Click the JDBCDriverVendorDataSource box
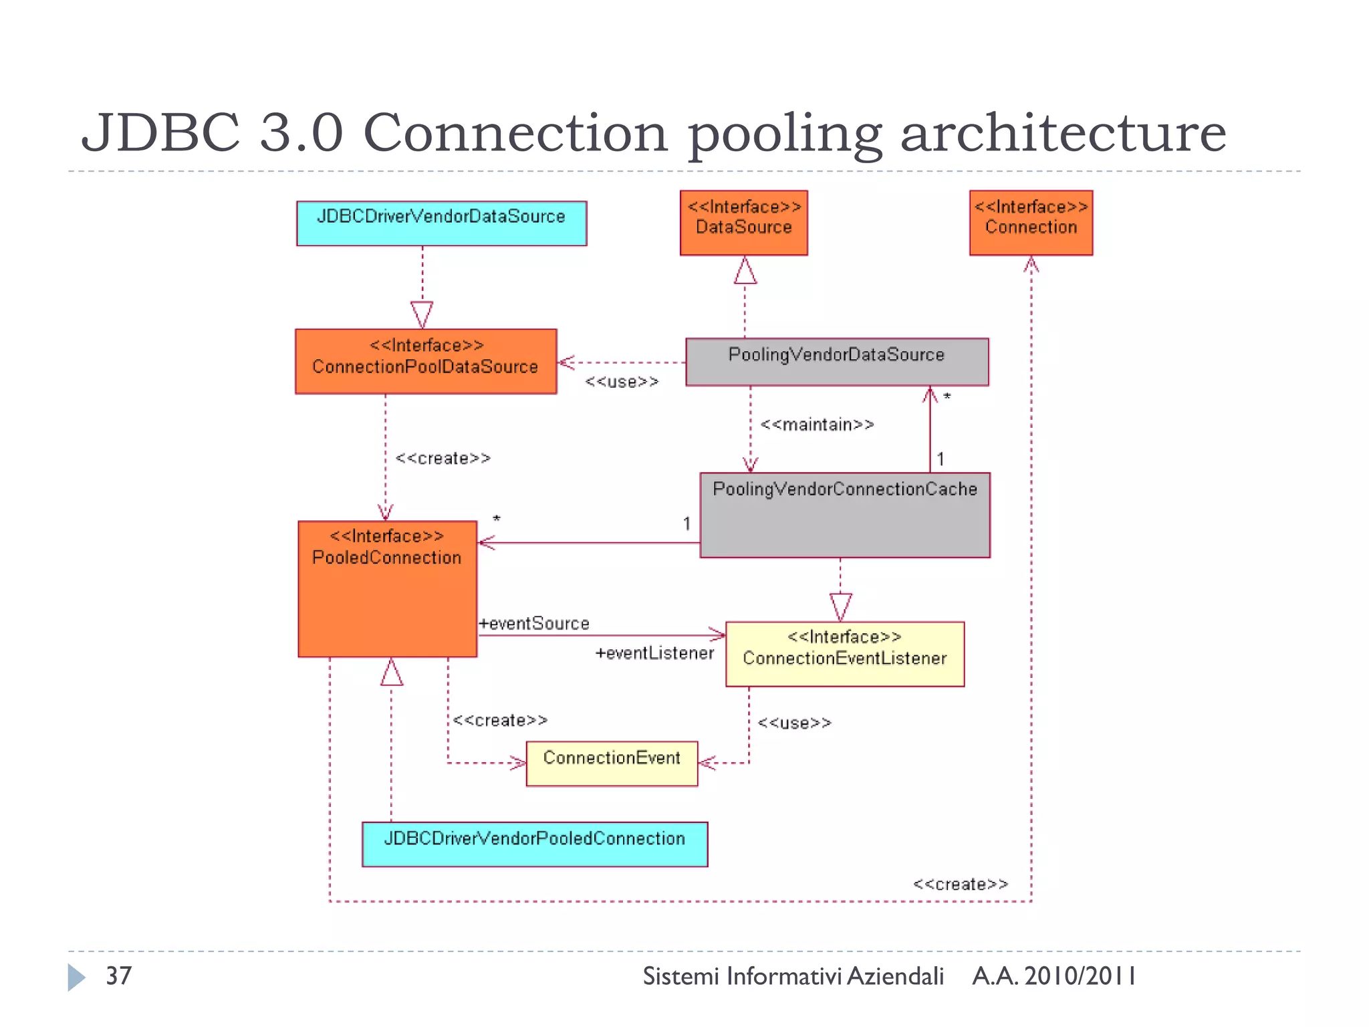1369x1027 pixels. click(x=441, y=223)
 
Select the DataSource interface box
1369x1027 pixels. click(x=743, y=223)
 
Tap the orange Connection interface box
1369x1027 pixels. click(x=1031, y=223)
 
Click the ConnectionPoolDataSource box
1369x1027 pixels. click(x=426, y=361)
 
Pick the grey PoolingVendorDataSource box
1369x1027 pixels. click(x=837, y=362)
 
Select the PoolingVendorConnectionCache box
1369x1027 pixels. click(x=845, y=515)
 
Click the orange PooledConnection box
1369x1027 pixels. click(x=387, y=588)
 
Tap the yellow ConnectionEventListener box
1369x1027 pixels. click(x=845, y=654)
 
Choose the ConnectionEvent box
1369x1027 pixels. click(x=612, y=763)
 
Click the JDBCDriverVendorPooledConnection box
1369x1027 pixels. click(x=535, y=844)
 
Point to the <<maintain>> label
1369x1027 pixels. click(x=817, y=425)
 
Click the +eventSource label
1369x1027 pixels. click(x=534, y=623)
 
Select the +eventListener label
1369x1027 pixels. click(x=654, y=653)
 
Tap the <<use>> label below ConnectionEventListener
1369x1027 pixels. click(x=794, y=723)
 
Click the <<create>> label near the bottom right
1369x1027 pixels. click(x=961, y=884)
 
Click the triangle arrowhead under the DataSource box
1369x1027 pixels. click(x=745, y=271)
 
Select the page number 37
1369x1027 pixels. click(x=118, y=976)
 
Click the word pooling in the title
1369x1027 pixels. click(x=785, y=134)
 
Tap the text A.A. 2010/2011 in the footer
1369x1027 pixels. click(x=1054, y=976)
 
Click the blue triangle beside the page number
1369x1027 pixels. click(x=76, y=977)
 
